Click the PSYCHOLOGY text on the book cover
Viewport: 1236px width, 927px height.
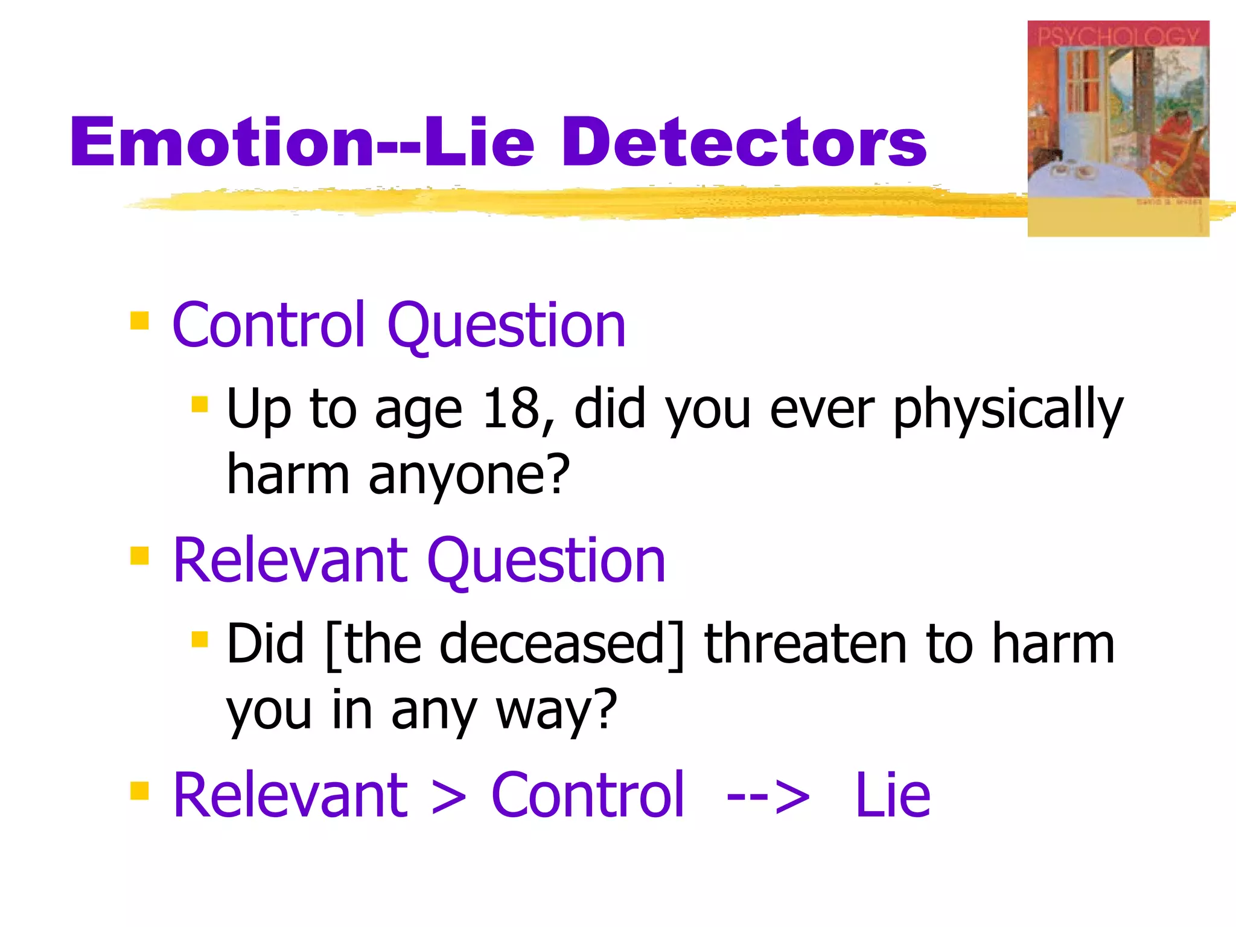[x=1118, y=36]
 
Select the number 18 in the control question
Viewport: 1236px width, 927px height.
[x=510, y=409]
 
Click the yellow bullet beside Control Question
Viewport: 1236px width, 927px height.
[x=139, y=320]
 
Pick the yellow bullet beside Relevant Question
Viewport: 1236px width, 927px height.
[x=139, y=555]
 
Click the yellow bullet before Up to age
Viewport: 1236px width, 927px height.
[x=199, y=404]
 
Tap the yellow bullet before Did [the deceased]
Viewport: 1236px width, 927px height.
[x=199, y=639]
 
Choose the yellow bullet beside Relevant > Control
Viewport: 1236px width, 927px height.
[x=139, y=790]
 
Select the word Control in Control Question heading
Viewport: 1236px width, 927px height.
[x=269, y=326]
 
